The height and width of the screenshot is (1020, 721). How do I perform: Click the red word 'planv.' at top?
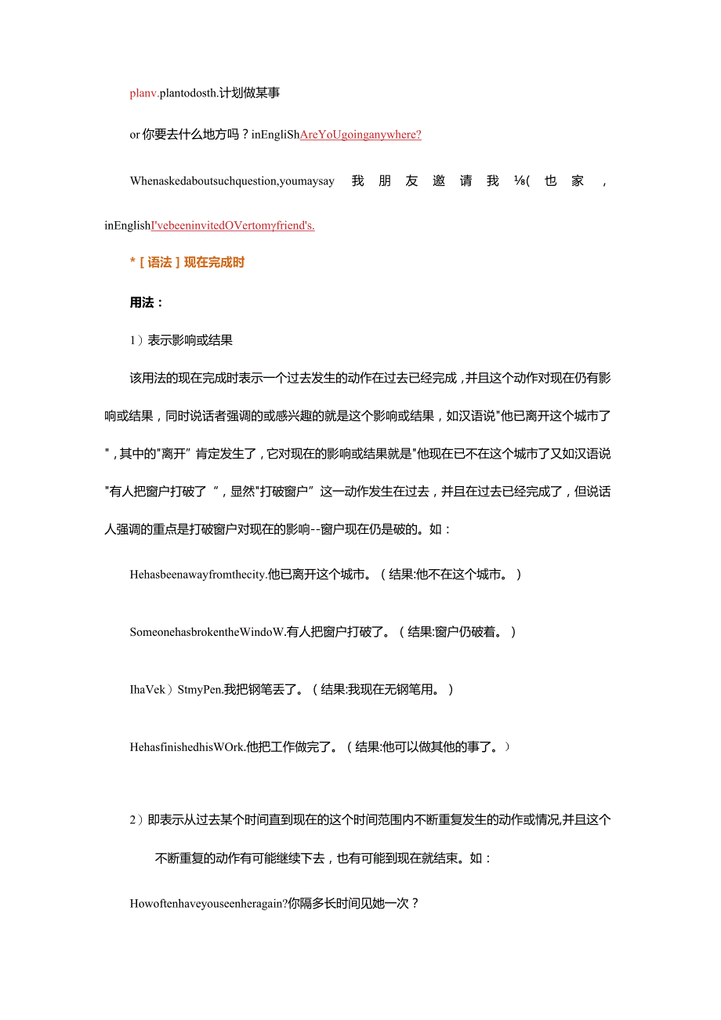[x=144, y=93]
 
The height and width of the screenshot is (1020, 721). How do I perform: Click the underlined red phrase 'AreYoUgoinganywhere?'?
[x=360, y=135]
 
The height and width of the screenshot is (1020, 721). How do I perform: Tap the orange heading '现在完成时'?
[x=214, y=263]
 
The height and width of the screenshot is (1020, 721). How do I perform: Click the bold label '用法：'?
[x=147, y=302]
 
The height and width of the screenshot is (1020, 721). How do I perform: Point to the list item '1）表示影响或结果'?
[x=181, y=340]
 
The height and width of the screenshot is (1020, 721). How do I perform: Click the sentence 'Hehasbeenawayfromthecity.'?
[x=198, y=575]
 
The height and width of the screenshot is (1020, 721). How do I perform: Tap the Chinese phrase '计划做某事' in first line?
[x=252, y=93]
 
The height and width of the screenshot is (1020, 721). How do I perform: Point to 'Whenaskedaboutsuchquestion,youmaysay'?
[x=232, y=181]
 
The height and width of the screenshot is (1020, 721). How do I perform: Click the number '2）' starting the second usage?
[x=137, y=820]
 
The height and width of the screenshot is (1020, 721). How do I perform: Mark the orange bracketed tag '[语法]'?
[x=159, y=263]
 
